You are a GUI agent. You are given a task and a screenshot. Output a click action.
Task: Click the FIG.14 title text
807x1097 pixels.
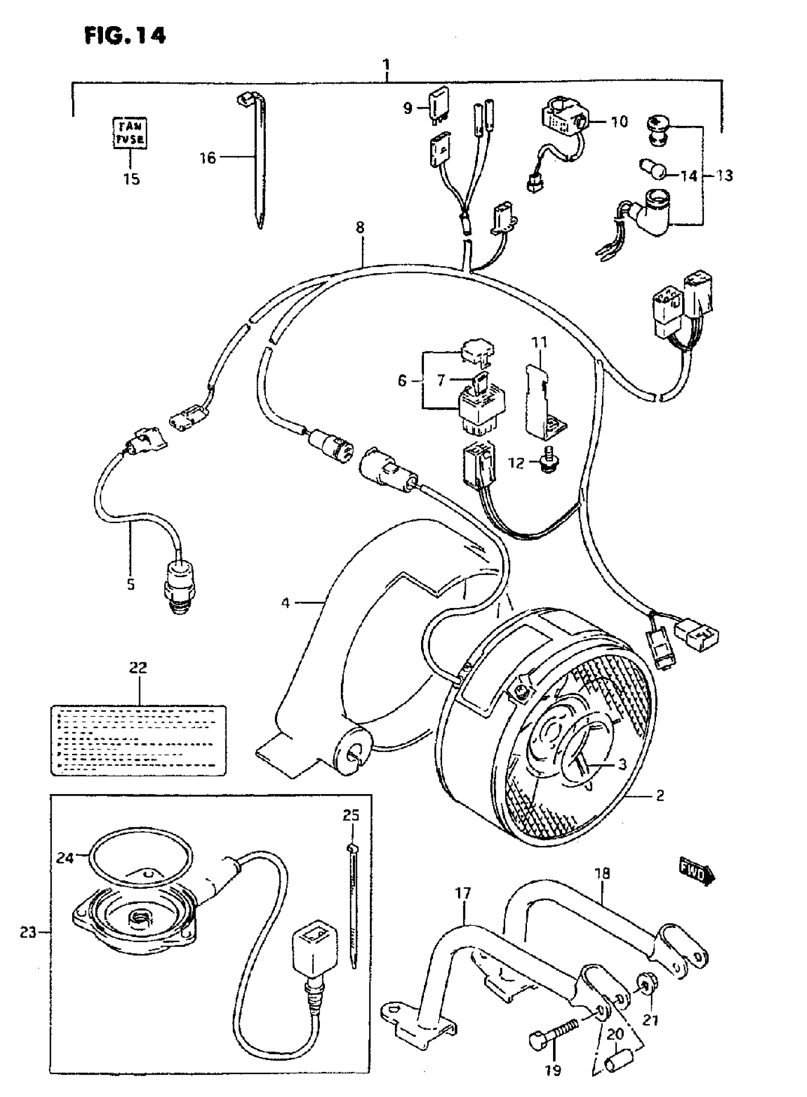tap(125, 35)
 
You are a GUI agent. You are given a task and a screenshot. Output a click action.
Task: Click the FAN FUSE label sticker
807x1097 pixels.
tap(130, 133)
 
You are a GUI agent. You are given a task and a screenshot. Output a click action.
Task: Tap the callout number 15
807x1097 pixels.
tap(131, 179)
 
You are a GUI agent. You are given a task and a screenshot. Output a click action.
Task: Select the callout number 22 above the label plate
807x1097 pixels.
tap(138, 667)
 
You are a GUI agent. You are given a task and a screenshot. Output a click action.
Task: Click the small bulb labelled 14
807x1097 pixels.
tap(653, 171)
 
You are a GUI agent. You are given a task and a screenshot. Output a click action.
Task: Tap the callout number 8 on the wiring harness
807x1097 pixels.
tap(360, 227)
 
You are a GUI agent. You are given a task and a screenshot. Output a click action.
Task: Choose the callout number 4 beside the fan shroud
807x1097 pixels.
tap(285, 603)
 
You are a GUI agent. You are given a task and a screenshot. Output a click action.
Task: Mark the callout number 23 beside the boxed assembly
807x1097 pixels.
tap(28, 932)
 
